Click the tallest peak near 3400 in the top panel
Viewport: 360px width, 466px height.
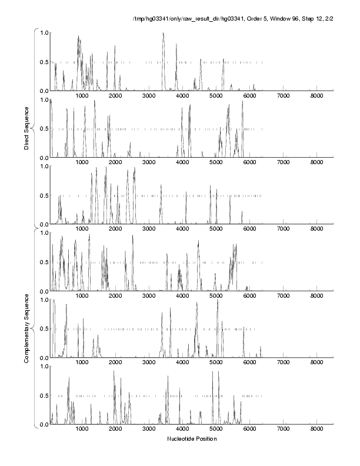[x=163, y=34]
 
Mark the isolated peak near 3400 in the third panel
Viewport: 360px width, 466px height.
[x=161, y=185]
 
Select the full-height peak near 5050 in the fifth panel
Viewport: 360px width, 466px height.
[x=218, y=301]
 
